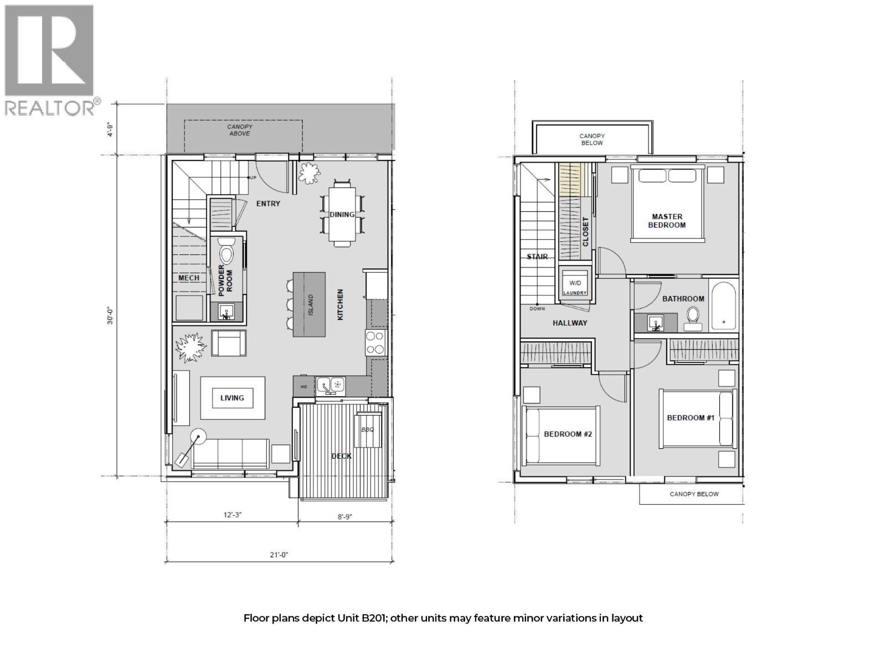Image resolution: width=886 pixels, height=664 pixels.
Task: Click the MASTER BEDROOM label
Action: pos(667,221)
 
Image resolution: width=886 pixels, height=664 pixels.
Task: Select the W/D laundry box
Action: pos(574,283)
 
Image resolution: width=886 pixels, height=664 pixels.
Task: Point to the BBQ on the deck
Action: pos(368,430)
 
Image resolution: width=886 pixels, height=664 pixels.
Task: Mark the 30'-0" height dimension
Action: pos(110,316)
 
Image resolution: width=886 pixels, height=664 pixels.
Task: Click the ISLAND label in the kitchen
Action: pos(311,305)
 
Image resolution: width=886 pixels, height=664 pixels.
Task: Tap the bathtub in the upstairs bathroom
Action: pos(723,307)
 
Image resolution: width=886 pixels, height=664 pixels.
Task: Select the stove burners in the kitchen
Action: pos(375,343)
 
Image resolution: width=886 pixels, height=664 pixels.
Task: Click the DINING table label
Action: pos(342,215)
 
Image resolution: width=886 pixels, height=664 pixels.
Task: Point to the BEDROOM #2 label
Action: pos(568,434)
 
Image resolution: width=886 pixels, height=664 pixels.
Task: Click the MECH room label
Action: pos(189,278)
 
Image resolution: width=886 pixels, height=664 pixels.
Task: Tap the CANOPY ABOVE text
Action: pos(239,130)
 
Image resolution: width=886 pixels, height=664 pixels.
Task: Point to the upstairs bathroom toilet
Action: pos(693,315)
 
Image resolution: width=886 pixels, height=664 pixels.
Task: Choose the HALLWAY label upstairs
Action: pos(569,323)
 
